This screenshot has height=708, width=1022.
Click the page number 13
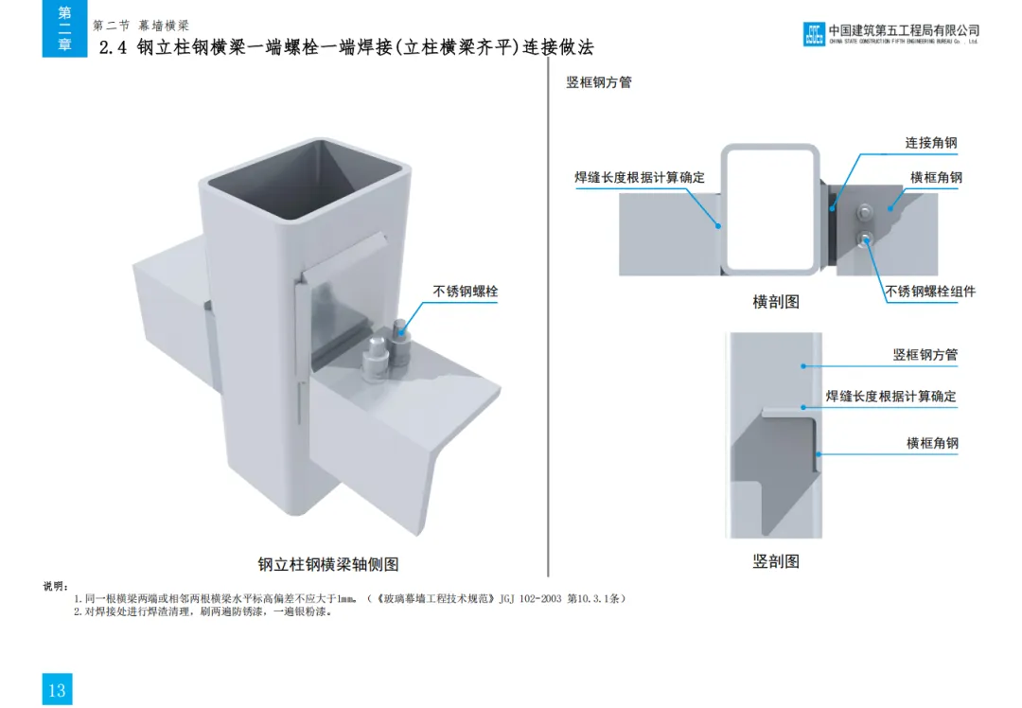57,689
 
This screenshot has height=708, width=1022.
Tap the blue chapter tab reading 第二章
64,28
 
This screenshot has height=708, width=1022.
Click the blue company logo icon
814,35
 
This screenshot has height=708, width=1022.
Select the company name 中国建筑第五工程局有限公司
904,30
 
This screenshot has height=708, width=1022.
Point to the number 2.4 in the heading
113,48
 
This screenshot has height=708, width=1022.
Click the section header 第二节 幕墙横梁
141,26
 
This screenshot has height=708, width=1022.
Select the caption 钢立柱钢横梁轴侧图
328,564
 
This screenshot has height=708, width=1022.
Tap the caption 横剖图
776,302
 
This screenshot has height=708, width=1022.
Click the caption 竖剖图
776,561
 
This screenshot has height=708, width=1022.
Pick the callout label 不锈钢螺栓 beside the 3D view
466,292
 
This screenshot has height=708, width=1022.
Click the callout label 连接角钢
931,143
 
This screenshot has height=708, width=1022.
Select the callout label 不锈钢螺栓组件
930,292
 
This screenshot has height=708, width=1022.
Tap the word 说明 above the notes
56,587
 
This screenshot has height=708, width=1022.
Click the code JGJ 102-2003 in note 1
529,599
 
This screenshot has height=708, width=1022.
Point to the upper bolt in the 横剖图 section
864,212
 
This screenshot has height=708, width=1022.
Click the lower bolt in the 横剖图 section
864,238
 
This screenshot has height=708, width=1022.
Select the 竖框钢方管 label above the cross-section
599,82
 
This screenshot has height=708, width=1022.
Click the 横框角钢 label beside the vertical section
932,443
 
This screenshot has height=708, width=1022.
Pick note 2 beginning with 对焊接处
203,611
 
